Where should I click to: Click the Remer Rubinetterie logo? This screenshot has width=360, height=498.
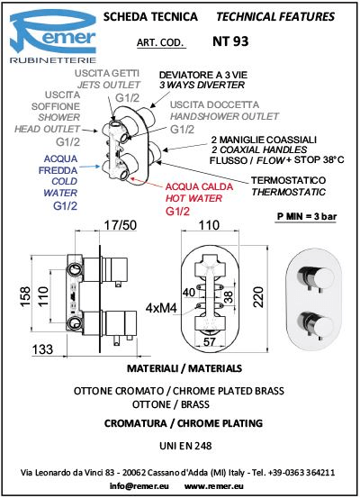coord(53,37)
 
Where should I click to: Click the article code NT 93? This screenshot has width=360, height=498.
coord(230,41)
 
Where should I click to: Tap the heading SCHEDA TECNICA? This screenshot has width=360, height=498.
coord(150,16)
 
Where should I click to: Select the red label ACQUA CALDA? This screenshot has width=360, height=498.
coord(200,186)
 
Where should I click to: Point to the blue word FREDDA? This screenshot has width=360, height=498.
coord(58,170)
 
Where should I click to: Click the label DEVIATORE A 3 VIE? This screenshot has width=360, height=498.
coord(203,76)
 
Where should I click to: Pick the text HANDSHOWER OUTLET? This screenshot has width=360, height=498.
coord(224,116)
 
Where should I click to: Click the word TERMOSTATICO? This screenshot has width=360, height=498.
coord(288,180)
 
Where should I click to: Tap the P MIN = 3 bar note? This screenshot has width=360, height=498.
coord(307,217)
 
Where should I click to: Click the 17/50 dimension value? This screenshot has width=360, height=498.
coord(121,225)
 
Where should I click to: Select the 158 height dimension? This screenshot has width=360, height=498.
coord(25,297)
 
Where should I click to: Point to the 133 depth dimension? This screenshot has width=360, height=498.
coord(42,349)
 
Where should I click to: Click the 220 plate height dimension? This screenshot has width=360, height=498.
coord(258,297)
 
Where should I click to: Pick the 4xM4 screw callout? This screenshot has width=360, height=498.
coord(161,308)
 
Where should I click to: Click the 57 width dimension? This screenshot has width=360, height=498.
coord(210,341)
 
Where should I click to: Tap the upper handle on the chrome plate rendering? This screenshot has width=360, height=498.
coord(315,278)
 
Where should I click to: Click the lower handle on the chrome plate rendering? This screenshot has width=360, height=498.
coord(316,325)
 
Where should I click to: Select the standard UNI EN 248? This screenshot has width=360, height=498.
coord(185,446)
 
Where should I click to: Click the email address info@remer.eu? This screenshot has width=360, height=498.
coord(139,486)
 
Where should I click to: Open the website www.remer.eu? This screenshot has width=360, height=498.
coord(214,486)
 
